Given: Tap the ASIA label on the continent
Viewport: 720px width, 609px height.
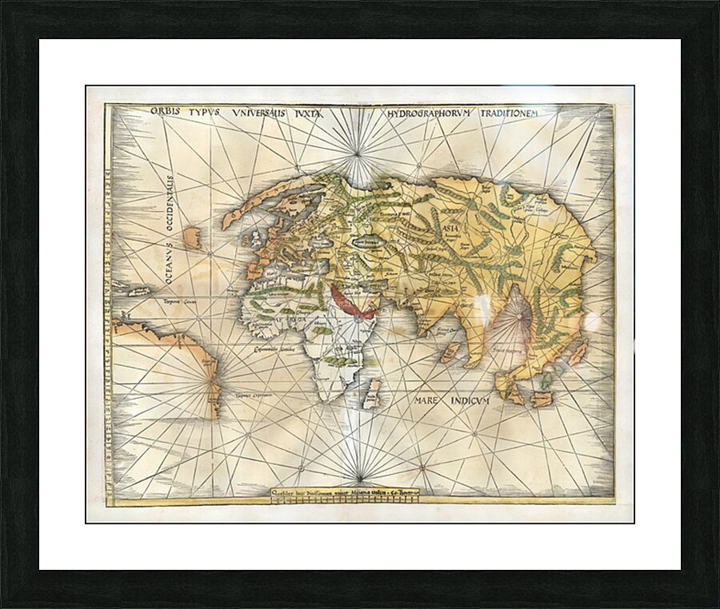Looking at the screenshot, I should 448,226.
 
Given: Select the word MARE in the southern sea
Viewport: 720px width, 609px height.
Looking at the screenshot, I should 430,400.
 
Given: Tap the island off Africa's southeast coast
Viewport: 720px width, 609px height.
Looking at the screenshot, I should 371,393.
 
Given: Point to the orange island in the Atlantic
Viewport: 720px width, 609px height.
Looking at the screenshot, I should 192,237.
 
